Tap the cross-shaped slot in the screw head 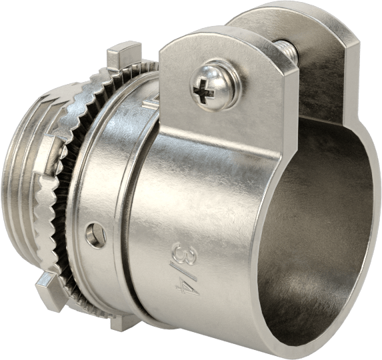coord(203,91)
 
